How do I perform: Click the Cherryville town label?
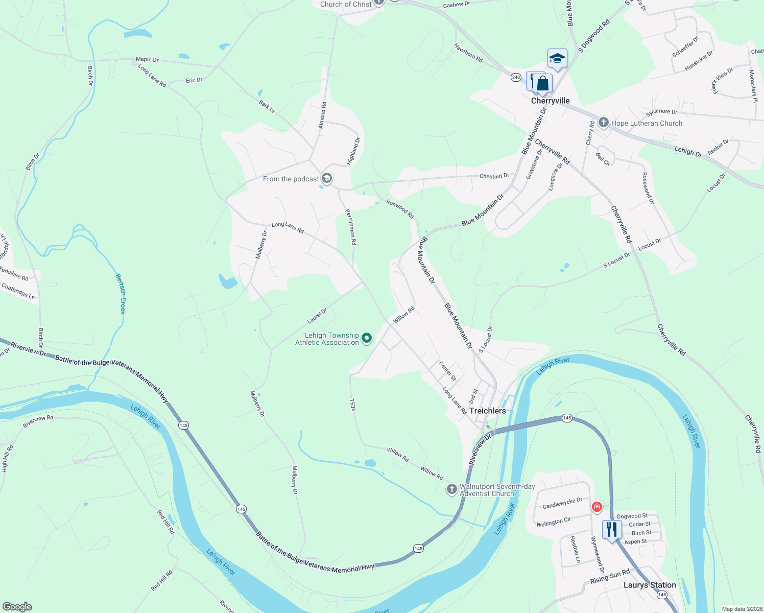point(550,101)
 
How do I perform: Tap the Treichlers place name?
point(487,411)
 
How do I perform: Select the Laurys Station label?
point(650,585)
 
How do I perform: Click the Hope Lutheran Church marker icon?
point(604,123)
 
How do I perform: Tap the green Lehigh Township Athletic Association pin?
point(367,338)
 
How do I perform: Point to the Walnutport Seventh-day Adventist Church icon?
point(451,489)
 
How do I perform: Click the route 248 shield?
point(516,77)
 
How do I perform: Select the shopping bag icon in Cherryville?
point(542,84)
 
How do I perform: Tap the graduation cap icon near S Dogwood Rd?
point(557,59)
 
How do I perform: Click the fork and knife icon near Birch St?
point(611,529)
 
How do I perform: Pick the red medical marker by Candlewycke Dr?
point(596,507)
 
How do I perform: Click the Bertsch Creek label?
point(121,294)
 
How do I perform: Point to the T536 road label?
point(352,405)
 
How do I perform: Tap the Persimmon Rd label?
point(350,227)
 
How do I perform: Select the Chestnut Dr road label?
point(494,176)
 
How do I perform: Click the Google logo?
point(17,607)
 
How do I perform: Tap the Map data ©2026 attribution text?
point(740,609)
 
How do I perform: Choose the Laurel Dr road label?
point(317,316)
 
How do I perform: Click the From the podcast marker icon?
point(327,178)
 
